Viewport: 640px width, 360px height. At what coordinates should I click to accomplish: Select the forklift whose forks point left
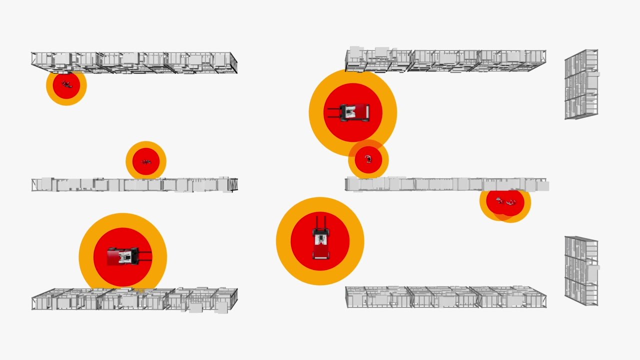[x=354, y=112]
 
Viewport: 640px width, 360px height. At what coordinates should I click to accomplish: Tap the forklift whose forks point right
[x=122, y=256]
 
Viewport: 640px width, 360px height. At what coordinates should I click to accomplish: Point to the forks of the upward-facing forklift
[x=320, y=222]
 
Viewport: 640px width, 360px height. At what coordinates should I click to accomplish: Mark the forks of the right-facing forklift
[x=144, y=256]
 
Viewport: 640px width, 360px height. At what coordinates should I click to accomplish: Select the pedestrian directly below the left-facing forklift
[x=368, y=159]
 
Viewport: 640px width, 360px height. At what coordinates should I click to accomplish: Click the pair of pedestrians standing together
[x=505, y=201]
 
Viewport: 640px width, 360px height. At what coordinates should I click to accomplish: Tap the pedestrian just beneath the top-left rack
[x=66, y=84]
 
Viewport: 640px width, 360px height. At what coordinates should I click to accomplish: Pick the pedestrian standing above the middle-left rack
[x=146, y=161]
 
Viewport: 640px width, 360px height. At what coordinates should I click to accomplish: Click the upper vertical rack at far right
[x=581, y=84]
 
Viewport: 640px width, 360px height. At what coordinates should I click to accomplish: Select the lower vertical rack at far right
[x=581, y=270]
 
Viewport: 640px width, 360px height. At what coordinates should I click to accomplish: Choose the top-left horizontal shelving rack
[x=134, y=62]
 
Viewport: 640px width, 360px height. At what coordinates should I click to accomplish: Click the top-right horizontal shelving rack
[x=445, y=59]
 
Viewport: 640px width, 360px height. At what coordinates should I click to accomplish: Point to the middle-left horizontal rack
[x=134, y=184]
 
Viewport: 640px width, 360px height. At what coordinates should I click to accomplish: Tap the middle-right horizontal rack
[x=445, y=184]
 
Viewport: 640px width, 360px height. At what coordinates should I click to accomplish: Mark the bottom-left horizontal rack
[x=134, y=299]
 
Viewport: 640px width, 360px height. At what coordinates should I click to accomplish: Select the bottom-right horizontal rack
[x=445, y=296]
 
